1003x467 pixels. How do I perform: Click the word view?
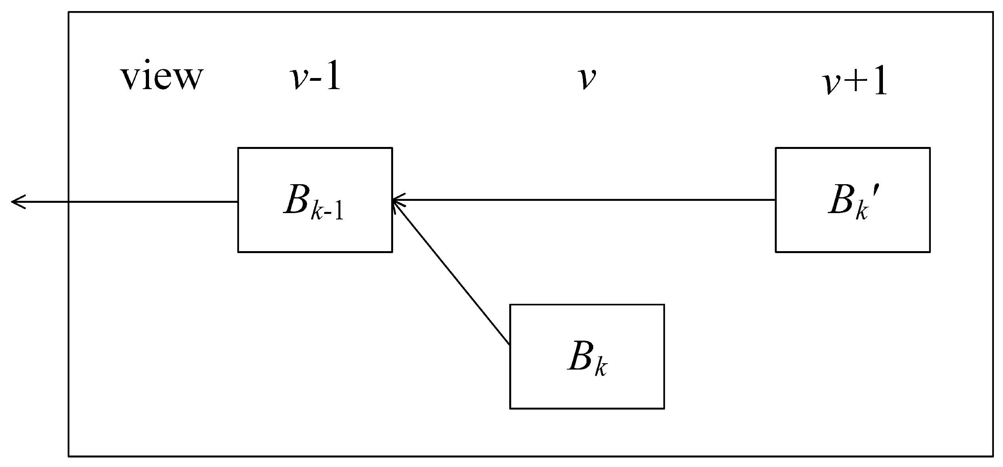pyautogui.click(x=161, y=78)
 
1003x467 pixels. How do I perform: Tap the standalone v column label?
pyautogui.click(x=587, y=78)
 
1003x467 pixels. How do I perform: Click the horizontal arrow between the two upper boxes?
pyautogui.click(x=583, y=200)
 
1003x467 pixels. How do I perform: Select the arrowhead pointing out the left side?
pyautogui.click(x=18, y=202)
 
